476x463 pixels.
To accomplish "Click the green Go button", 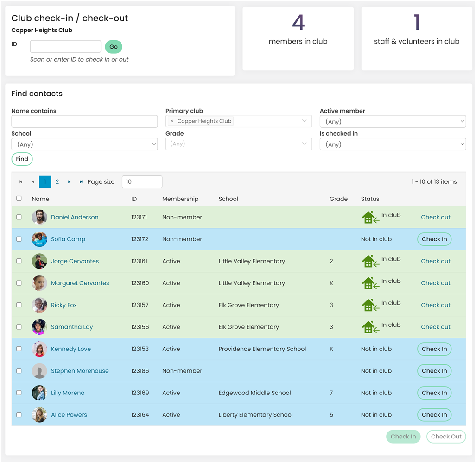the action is coord(114,47).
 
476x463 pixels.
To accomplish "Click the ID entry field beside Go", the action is coord(65,46).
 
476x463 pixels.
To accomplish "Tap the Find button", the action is coord(22,159).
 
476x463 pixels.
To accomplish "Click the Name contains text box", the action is coord(84,121).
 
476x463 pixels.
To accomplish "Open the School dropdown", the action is coord(84,144).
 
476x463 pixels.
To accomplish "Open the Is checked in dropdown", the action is coord(393,144).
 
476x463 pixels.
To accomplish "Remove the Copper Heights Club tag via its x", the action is coord(172,121).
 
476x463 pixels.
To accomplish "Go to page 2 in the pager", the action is coord(57,181).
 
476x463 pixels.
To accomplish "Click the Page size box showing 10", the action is coord(142,181).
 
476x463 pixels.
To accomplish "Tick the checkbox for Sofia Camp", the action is coord(19,239).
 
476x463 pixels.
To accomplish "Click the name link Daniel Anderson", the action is coord(75,217).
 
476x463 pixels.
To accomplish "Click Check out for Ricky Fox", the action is coord(436,305).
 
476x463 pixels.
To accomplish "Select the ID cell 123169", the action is coord(140,393).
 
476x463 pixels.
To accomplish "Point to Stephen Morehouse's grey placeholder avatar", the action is coord(39,371).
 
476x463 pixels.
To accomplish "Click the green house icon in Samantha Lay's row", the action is coord(370,327).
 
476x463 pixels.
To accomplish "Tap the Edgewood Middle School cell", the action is coord(255,393).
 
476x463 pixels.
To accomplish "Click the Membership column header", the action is coord(180,199).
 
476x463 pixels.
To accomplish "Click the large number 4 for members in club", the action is coord(298,22).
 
